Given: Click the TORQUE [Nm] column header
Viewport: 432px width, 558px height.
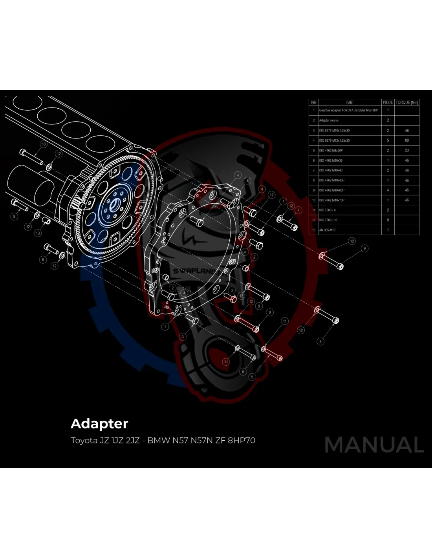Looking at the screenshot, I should [406, 102].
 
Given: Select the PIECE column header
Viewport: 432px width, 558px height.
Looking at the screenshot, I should [388, 102].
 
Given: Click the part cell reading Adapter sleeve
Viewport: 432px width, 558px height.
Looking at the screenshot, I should [329, 120].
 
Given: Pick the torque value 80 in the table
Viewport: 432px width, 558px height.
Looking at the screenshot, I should [406, 140].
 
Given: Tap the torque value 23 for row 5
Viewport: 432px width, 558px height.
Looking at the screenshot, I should [406, 150].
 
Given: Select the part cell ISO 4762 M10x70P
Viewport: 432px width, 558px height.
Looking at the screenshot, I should [331, 200].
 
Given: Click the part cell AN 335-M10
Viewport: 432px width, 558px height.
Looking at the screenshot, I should [327, 230].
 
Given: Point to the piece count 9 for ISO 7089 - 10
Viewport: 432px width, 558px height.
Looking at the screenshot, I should [388, 220].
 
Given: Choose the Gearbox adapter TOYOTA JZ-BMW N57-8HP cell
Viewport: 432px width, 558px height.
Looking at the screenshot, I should [348, 110].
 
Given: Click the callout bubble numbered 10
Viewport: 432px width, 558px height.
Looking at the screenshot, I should [44, 144].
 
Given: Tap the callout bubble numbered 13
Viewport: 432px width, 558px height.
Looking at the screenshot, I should [38, 233].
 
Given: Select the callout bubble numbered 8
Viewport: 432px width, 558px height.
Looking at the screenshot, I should [14, 216].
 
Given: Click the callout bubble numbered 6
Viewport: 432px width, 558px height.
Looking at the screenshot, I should [43, 260].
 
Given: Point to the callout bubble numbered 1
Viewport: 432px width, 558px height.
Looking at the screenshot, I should [165, 326].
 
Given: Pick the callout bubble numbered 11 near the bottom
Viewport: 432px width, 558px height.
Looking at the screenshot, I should [226, 362].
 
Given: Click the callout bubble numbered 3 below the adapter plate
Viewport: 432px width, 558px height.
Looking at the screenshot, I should [183, 337].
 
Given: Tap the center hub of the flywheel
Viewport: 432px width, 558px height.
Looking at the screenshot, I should [115, 204].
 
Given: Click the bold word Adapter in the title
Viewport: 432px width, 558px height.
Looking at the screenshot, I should [99, 424].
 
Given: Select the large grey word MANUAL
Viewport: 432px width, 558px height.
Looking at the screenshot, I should [374, 445].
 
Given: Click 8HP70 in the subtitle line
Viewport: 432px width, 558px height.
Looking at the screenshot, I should [242, 440].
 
